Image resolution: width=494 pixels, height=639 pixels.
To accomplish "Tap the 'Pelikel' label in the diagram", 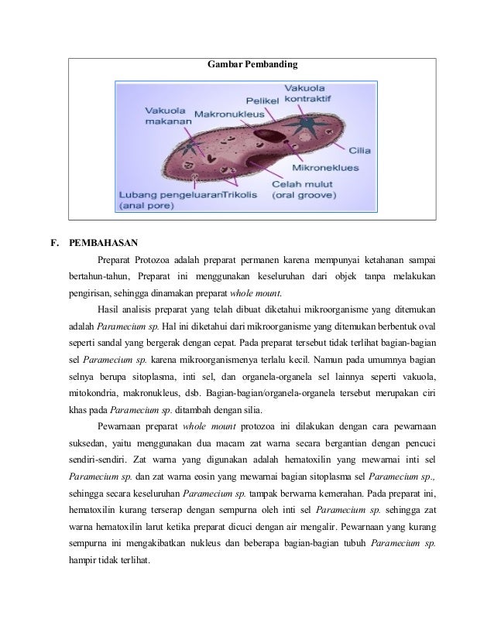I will point(262,101).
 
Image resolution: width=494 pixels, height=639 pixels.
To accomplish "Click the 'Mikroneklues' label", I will point(325,166).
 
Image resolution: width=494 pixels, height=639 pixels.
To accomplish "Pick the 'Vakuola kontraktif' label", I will point(309,93).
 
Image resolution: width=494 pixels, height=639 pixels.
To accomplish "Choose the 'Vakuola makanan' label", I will point(166,115).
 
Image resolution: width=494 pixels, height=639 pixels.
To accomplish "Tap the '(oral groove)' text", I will point(305,197).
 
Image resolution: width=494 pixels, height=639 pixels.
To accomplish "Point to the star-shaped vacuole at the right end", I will point(307,124).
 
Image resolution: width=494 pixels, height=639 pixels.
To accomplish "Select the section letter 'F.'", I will point(55,241).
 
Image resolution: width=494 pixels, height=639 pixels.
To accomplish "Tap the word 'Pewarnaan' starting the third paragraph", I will point(120,425).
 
